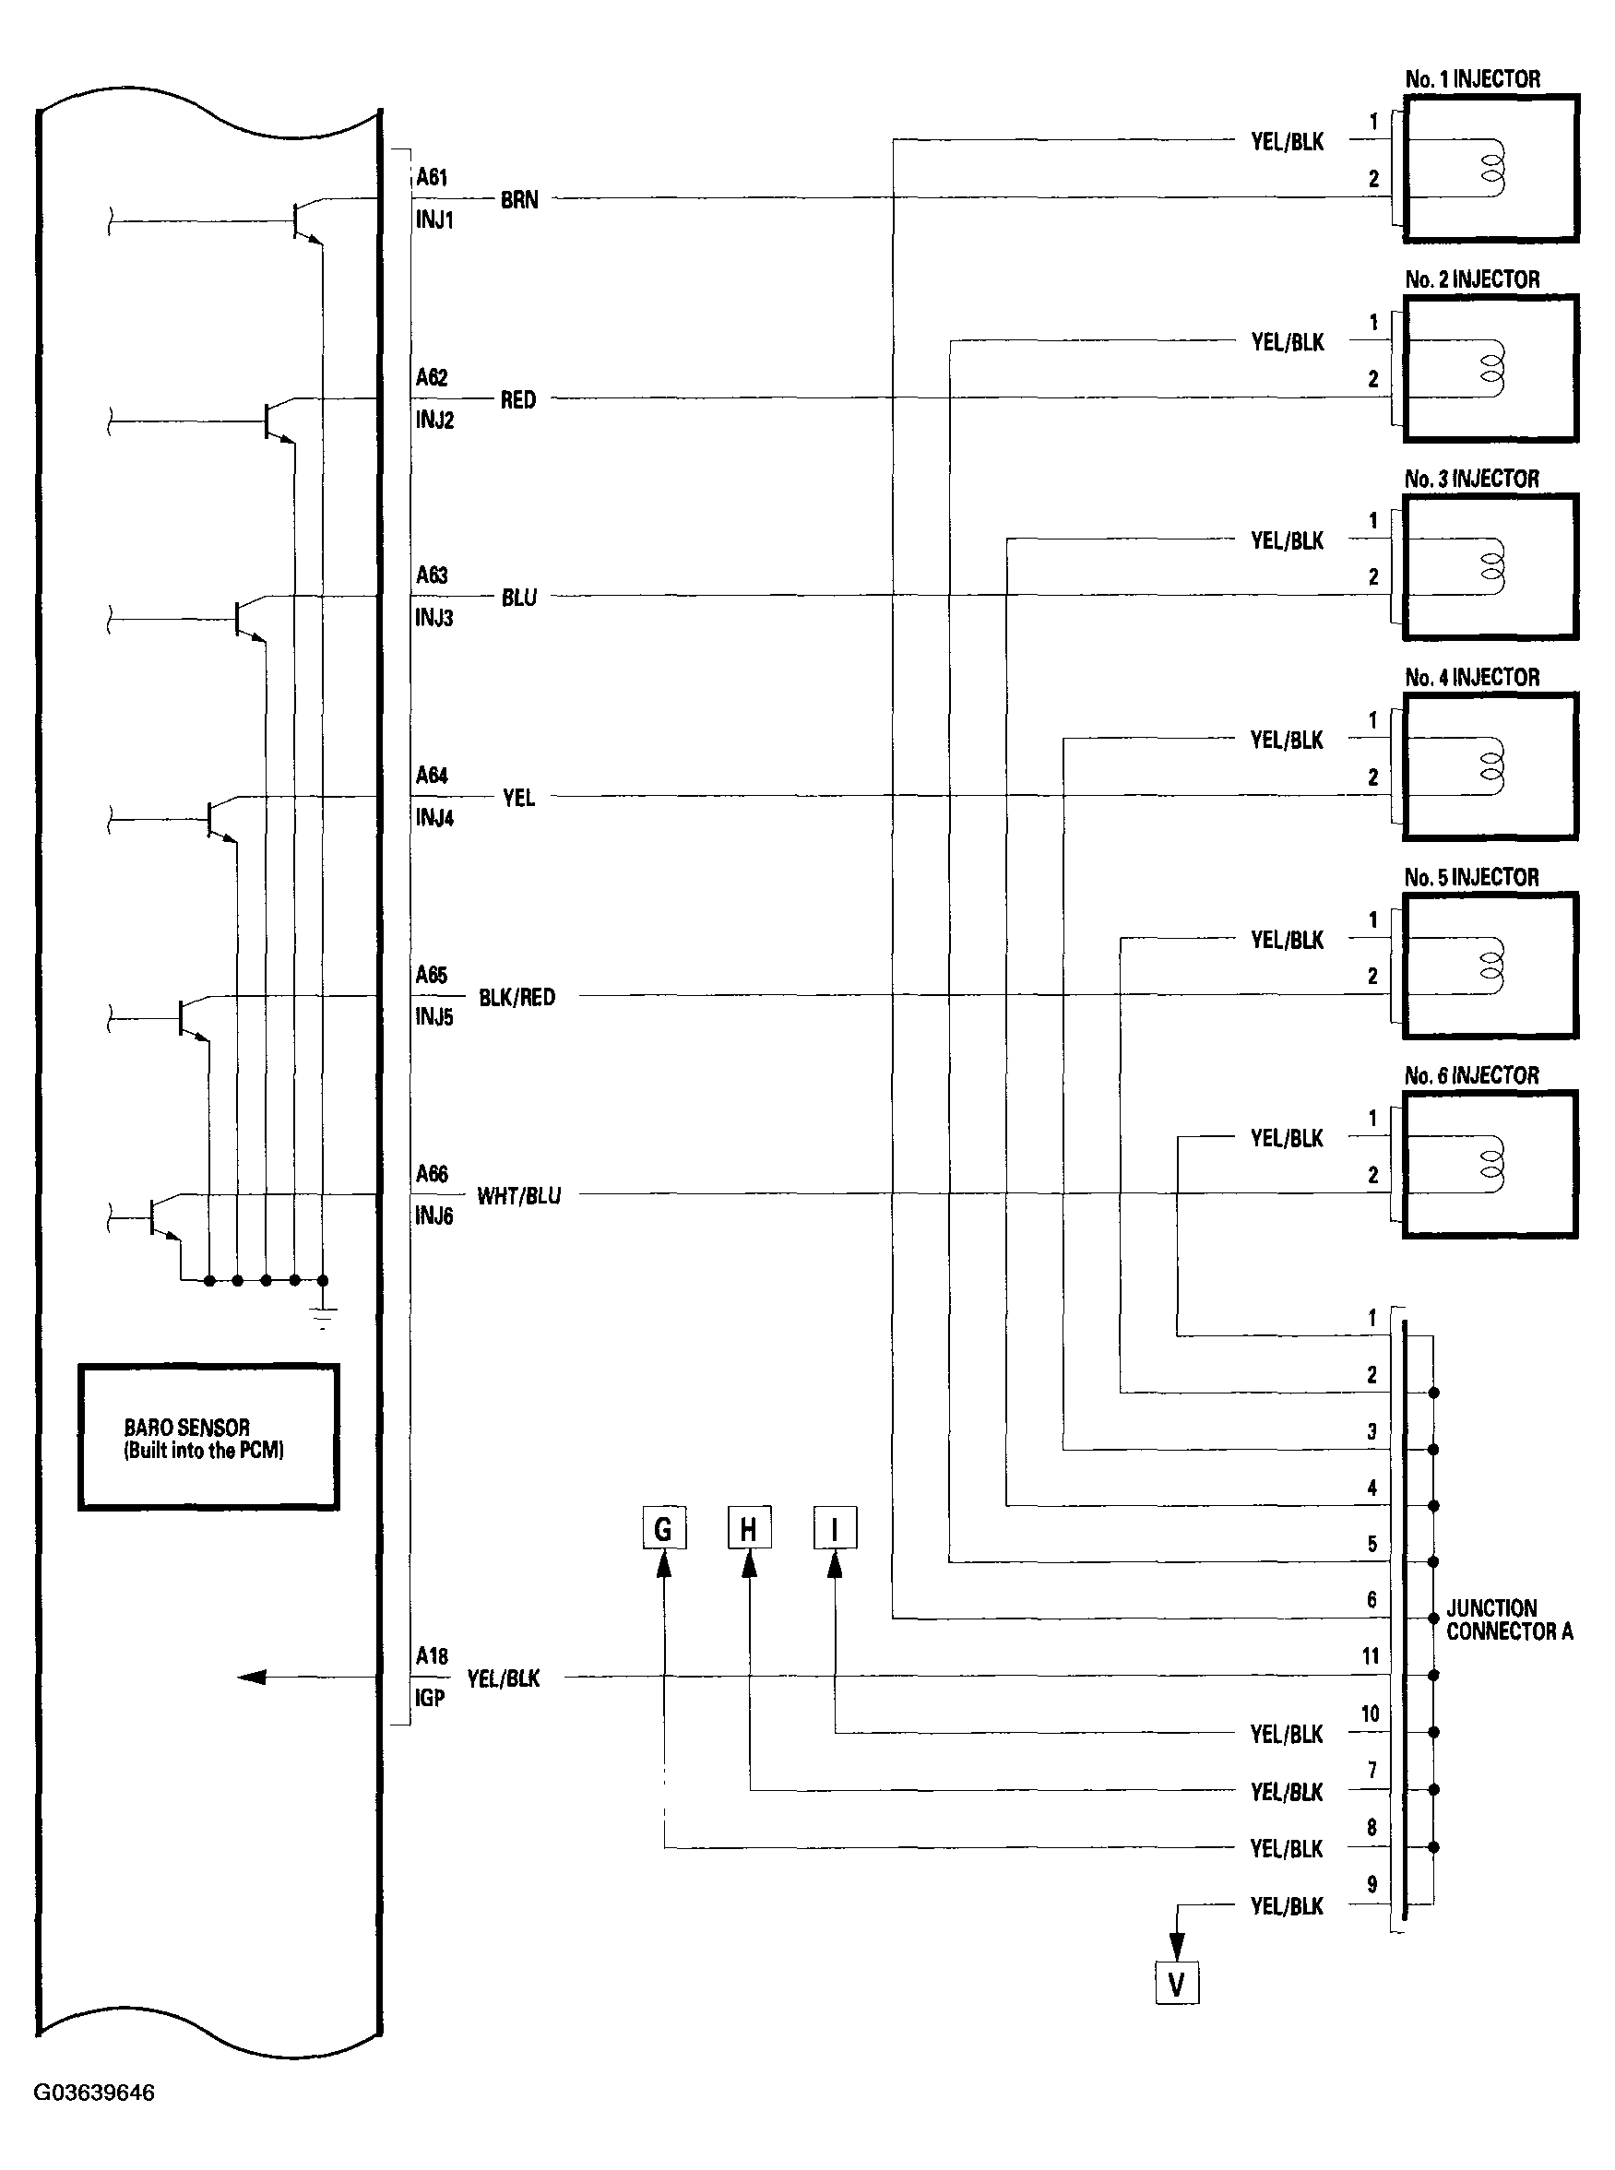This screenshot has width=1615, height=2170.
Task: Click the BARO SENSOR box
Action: tap(208, 1437)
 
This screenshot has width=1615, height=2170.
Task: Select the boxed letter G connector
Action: tap(664, 1528)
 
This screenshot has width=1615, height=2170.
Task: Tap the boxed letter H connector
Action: tap(749, 1528)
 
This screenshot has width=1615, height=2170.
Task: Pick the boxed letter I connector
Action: tap(835, 1528)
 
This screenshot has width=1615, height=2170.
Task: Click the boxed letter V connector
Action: tap(1176, 1984)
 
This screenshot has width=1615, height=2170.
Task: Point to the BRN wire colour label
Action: tap(519, 199)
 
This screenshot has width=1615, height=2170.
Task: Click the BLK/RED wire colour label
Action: tap(517, 997)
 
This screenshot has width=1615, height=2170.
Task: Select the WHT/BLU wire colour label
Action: tap(518, 1195)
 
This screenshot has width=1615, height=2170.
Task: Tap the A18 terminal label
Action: tap(431, 1655)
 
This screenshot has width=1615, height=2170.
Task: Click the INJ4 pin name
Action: tap(434, 817)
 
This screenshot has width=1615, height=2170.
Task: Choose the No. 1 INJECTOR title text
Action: tap(1472, 79)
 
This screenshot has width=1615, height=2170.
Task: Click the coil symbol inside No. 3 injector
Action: tap(1491, 567)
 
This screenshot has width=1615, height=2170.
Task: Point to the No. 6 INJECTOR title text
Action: tap(1471, 1075)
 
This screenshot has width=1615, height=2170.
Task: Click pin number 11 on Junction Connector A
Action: tap(1371, 1655)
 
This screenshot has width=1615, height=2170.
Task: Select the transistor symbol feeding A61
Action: tap(304, 222)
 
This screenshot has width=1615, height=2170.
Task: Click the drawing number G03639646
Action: tap(94, 2093)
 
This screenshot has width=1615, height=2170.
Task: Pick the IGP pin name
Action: tap(430, 1698)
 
